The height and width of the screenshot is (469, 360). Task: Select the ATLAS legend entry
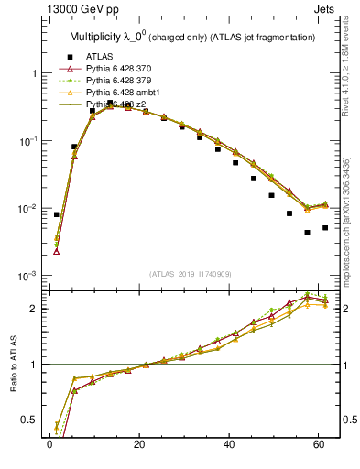[x=100, y=56]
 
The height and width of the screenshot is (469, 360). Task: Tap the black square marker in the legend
[x=67, y=56]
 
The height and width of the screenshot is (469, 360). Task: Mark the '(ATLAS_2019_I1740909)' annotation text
[x=189, y=274]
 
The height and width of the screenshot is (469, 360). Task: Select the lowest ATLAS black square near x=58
[x=308, y=233]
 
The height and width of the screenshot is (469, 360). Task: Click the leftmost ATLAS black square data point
[x=57, y=214]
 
